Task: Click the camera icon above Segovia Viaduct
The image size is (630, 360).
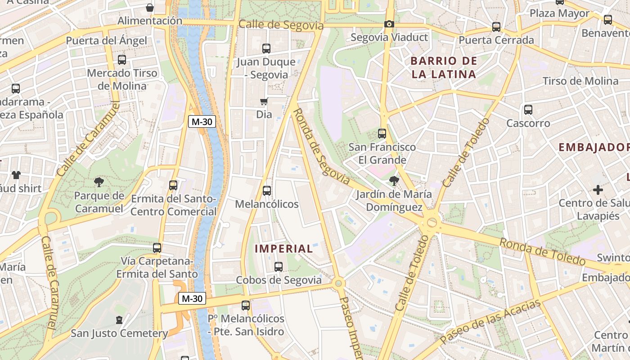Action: pos(389,24)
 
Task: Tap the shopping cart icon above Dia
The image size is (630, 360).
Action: pos(264,102)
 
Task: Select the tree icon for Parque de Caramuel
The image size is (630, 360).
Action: pos(99,182)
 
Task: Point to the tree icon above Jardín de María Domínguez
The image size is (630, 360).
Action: pos(394,181)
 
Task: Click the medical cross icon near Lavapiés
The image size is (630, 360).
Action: pos(598,190)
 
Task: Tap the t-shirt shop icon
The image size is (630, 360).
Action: pos(16,175)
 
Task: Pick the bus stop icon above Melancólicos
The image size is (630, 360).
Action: pos(267,191)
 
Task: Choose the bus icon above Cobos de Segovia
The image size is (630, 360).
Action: pos(279,267)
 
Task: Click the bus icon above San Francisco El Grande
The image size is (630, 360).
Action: pos(382,134)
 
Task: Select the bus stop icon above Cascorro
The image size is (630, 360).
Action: pos(528,110)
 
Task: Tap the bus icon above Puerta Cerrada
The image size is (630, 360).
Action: pos(496,27)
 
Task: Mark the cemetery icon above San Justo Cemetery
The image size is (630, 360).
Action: pos(119,320)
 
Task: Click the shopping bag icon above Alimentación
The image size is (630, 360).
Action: pos(150,8)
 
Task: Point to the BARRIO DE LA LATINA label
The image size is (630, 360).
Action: pos(444,67)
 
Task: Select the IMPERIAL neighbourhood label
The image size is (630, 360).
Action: pos(283,248)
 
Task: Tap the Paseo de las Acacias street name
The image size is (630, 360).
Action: pos(490,322)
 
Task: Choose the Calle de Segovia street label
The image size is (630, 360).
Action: pos(281,25)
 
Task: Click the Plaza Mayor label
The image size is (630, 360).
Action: pos(559,13)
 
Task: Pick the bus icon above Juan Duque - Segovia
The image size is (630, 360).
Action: pos(266,49)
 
